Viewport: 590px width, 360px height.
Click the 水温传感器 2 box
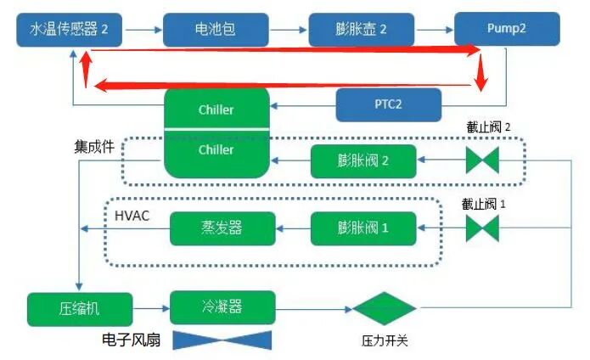(x=70, y=28)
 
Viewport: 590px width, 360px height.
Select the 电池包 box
(x=216, y=28)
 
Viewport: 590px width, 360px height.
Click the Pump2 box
(x=506, y=28)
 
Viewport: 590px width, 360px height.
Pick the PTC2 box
(x=389, y=104)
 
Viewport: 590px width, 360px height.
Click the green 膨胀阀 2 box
(x=362, y=160)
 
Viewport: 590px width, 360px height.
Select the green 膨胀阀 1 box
(x=362, y=228)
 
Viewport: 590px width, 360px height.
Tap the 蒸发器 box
(x=223, y=228)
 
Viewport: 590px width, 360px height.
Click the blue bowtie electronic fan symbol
(x=222, y=340)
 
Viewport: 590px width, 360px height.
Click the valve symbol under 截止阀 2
(x=481, y=160)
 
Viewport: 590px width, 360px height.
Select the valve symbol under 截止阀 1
(x=481, y=228)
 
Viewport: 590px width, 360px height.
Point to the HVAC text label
(x=132, y=216)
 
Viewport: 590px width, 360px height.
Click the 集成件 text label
(x=94, y=145)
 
